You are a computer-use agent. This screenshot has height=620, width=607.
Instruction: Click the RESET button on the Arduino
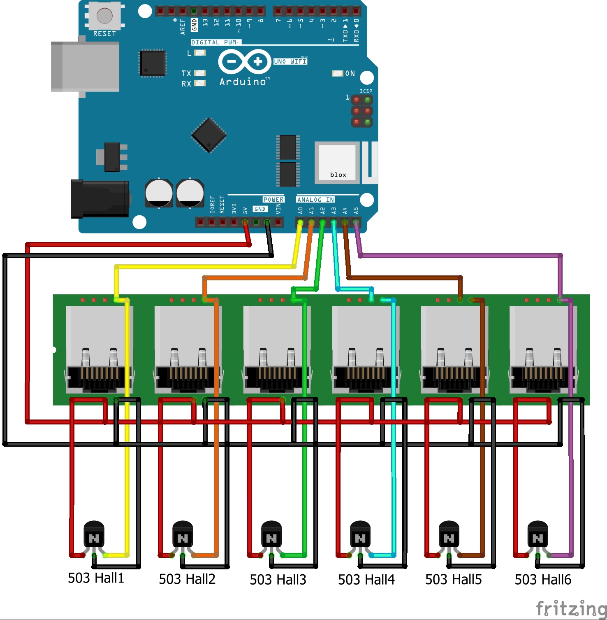click(104, 16)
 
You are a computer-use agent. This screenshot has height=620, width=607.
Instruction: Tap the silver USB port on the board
click(85, 66)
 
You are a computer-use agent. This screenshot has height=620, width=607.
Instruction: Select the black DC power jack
click(100, 199)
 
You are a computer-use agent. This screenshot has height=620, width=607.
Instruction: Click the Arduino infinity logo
click(244, 62)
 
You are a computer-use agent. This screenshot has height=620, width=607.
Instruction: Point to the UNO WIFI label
click(290, 61)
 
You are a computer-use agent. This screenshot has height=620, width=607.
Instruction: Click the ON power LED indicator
click(338, 73)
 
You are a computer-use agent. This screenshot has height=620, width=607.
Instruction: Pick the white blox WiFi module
click(337, 163)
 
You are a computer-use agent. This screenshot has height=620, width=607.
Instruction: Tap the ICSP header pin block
click(362, 111)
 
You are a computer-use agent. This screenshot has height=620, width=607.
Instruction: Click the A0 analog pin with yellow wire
click(300, 223)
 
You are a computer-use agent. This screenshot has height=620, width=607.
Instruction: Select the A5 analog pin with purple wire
click(356, 223)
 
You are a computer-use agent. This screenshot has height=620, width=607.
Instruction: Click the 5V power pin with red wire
click(245, 223)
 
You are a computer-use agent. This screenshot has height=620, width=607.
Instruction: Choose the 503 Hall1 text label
click(96, 578)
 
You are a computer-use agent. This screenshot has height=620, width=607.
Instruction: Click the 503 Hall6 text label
click(543, 580)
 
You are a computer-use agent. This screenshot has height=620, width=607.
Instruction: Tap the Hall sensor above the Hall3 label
click(271, 535)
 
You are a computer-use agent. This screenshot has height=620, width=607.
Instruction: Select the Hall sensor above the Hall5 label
click(449, 535)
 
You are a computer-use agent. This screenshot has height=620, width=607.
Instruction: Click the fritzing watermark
click(571, 608)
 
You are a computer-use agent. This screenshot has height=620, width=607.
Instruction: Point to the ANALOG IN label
click(315, 200)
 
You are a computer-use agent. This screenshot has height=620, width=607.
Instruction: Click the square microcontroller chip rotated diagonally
click(209, 135)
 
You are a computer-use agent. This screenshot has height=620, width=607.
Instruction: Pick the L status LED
click(200, 53)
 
